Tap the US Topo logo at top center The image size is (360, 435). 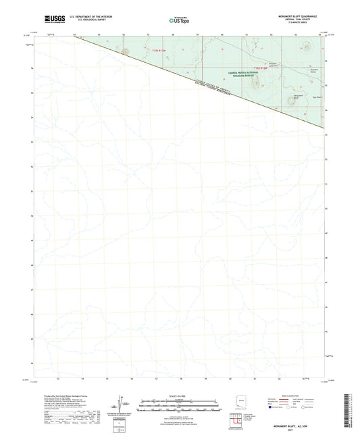(x=179, y=20)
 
